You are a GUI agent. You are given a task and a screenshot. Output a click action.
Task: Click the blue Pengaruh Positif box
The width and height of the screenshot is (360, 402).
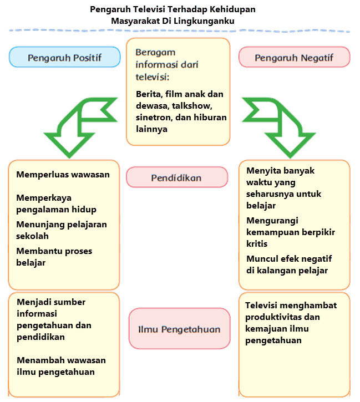(x=64, y=57)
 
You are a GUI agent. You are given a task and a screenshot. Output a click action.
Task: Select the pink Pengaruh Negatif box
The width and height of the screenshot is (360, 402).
(x=294, y=57)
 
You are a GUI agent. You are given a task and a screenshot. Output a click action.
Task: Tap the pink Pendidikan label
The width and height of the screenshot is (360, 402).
(x=176, y=177)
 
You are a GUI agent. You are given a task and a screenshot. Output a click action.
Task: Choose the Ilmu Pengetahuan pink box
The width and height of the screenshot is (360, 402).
(x=179, y=329)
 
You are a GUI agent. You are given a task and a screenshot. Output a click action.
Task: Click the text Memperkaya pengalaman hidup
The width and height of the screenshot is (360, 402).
(x=56, y=203)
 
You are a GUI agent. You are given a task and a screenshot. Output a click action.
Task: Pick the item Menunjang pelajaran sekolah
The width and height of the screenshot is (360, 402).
(x=62, y=230)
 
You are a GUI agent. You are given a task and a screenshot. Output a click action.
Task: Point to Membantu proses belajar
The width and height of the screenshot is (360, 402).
(x=54, y=257)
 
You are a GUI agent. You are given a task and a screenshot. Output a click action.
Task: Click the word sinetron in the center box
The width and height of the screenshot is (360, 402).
(x=153, y=118)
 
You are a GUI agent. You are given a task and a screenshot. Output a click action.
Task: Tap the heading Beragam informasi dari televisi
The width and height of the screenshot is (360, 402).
(x=167, y=64)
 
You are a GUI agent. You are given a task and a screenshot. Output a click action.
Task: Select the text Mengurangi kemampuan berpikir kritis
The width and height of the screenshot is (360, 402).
(x=290, y=232)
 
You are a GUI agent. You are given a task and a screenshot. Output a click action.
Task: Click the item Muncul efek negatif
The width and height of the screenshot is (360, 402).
(x=287, y=259)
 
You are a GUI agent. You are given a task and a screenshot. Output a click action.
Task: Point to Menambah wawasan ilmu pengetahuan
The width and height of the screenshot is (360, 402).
(x=61, y=366)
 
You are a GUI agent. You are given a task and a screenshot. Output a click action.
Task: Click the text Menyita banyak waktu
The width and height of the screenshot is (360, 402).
(x=280, y=177)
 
